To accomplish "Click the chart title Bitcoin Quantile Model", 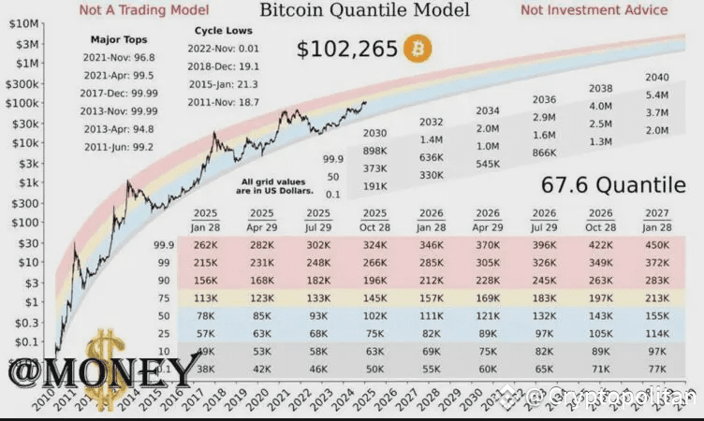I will point(364,11).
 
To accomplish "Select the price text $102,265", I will point(346,49).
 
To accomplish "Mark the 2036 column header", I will point(544,100).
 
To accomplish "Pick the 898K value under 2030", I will point(374,151).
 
